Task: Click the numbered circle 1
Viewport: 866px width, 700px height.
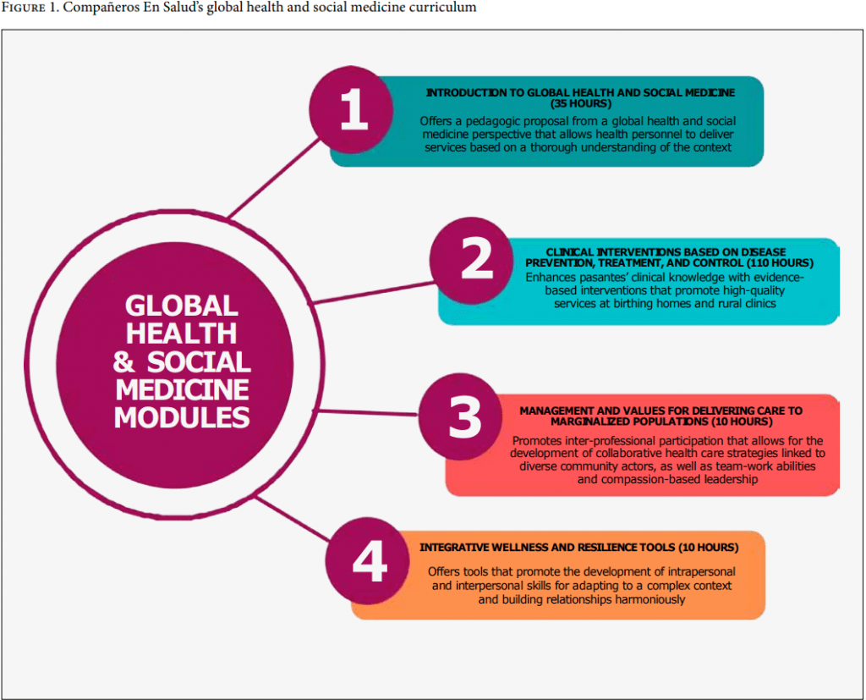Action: click(351, 110)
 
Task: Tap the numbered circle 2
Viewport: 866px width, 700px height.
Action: click(472, 261)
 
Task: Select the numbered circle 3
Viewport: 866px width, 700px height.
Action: click(461, 416)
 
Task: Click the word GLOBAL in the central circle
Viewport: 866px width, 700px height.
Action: click(182, 306)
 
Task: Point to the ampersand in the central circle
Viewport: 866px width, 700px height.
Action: click(123, 362)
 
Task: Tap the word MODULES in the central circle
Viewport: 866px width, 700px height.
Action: click(182, 417)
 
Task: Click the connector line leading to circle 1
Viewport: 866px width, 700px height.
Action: click(274, 178)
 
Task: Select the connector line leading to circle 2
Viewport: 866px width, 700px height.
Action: click(373, 293)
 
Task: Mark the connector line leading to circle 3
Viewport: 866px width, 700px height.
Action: click(366, 412)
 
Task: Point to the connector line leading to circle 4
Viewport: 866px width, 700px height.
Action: click(293, 519)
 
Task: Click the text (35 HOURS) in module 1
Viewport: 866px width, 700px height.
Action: click(581, 104)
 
